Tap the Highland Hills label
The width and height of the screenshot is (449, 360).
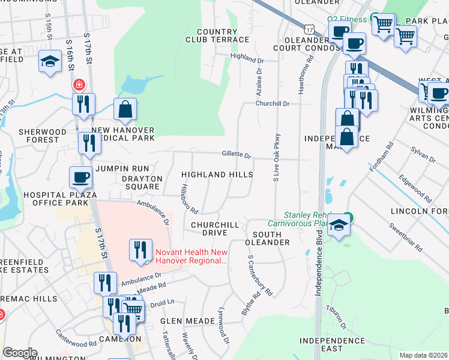coord(217,174)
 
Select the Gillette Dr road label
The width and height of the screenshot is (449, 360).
coord(236,155)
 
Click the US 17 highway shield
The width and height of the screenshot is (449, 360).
coord(309,29)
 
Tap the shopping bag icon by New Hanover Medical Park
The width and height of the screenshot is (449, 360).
coord(125,109)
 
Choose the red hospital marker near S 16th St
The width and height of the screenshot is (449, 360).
coord(78,85)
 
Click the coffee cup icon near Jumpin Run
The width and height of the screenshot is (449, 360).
coord(80,177)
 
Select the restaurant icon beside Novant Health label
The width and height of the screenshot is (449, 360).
coord(140,250)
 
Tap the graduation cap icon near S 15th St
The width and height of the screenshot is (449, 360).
coord(49,61)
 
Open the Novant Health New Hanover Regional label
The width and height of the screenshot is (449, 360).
coord(192,257)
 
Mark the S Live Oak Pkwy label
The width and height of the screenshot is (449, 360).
coord(277,157)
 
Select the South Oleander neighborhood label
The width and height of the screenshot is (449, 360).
coord(268,238)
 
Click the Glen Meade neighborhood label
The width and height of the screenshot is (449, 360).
coord(187,321)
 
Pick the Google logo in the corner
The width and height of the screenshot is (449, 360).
coord(20,353)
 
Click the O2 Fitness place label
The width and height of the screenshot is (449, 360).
coord(347,19)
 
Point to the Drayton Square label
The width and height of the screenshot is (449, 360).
coord(142,182)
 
